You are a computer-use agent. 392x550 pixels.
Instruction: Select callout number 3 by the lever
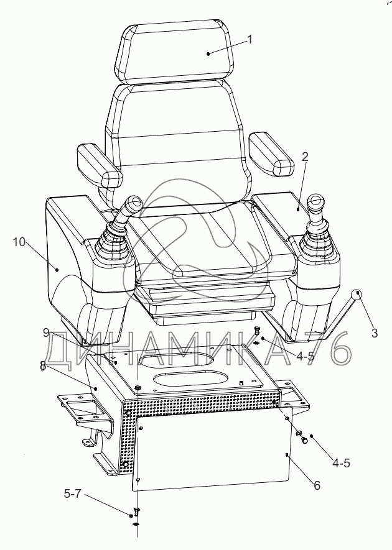click(374, 333)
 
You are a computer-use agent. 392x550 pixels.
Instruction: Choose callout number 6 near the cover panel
click(316, 485)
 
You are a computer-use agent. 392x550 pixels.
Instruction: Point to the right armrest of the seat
click(271, 155)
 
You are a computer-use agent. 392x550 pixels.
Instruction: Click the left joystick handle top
click(133, 204)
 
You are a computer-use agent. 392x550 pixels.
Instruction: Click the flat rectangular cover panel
click(212, 451)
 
